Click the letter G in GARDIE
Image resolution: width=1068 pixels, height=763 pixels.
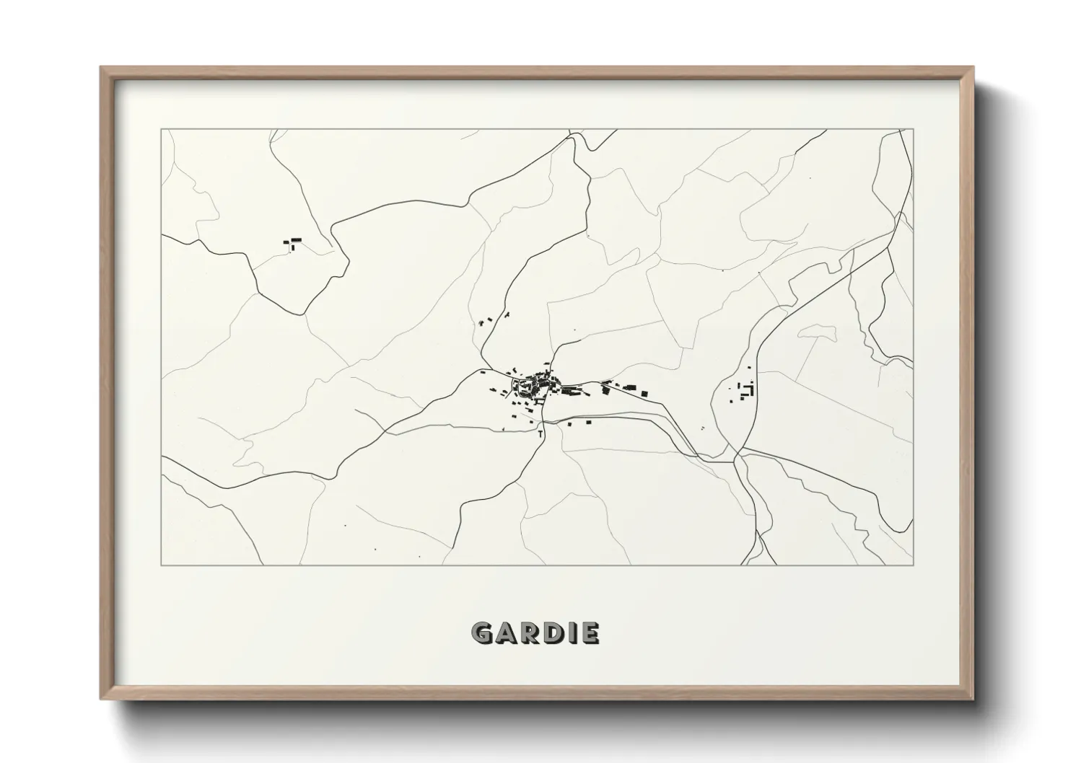[x=482, y=633]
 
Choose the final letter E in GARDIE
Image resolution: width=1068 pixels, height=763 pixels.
[x=589, y=633]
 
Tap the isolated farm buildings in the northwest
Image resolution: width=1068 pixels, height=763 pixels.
[x=293, y=242]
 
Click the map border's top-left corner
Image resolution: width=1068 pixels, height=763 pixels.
[x=161, y=129]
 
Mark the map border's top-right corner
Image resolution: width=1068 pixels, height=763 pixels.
[x=914, y=129]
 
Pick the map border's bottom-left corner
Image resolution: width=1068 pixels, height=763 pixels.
[x=161, y=565]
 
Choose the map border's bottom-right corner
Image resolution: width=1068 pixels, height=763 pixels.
[x=914, y=565]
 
